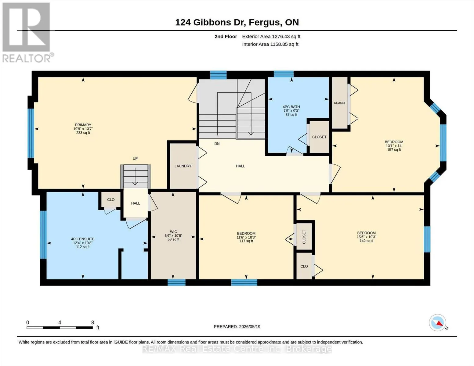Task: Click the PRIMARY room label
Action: pos(83,125)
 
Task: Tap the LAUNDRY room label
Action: pos(183,166)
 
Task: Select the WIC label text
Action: pos(173,231)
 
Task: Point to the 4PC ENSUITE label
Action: pos(83,239)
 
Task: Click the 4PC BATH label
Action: pos(291,107)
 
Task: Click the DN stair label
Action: pos(217,144)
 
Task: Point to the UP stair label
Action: pos(135,159)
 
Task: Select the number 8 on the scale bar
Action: pos(92,322)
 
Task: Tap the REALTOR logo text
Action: pos(27,58)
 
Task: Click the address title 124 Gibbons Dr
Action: pos(211,23)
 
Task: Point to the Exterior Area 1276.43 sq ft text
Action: pos(271,37)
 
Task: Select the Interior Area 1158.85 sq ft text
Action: pos(270,44)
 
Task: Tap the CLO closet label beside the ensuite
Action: pos(111,199)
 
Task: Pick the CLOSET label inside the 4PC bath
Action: pos(319,137)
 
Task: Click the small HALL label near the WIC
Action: pos(136,203)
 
